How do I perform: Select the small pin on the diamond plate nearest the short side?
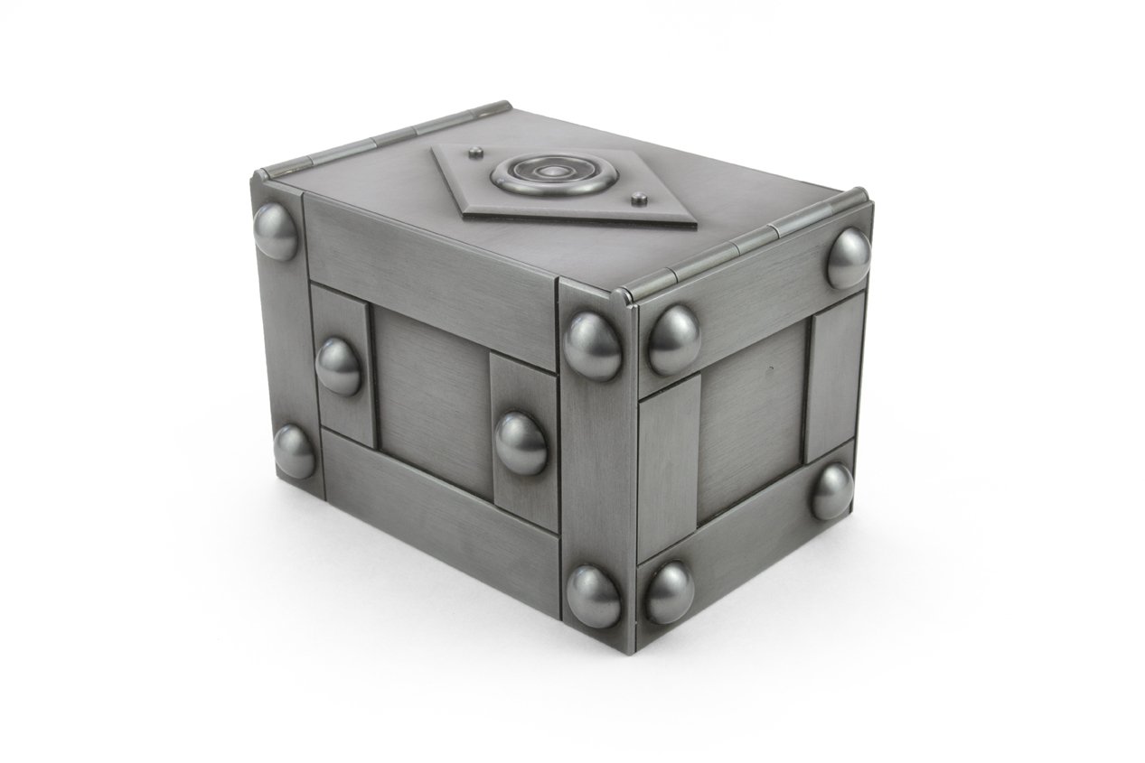coord(639,196)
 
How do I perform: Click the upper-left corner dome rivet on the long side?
coord(276,230)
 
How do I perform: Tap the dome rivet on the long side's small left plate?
coord(339,366)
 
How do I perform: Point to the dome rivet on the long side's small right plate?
coord(521,442)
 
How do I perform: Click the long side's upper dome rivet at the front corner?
coord(593,345)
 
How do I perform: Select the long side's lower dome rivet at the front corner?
coord(594,596)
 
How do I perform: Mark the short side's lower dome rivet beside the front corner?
coord(669,591)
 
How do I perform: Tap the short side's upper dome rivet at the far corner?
coord(849,258)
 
